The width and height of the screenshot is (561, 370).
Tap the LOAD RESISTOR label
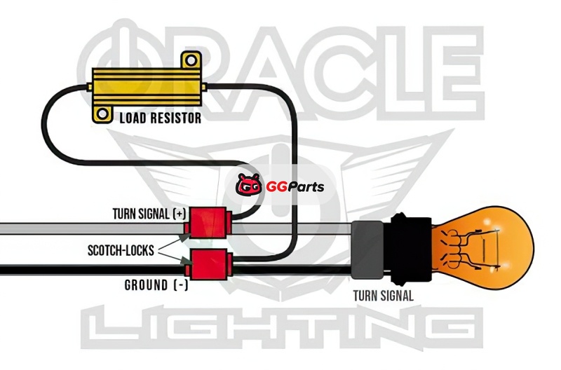point(160,118)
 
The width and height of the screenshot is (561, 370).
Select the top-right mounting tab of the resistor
point(187,63)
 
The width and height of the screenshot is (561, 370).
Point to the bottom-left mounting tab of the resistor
point(102,112)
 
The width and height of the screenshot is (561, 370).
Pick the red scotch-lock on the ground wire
point(208,263)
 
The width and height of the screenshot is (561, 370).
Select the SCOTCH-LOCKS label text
point(123,249)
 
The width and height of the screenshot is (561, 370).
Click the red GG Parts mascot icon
point(250,186)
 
